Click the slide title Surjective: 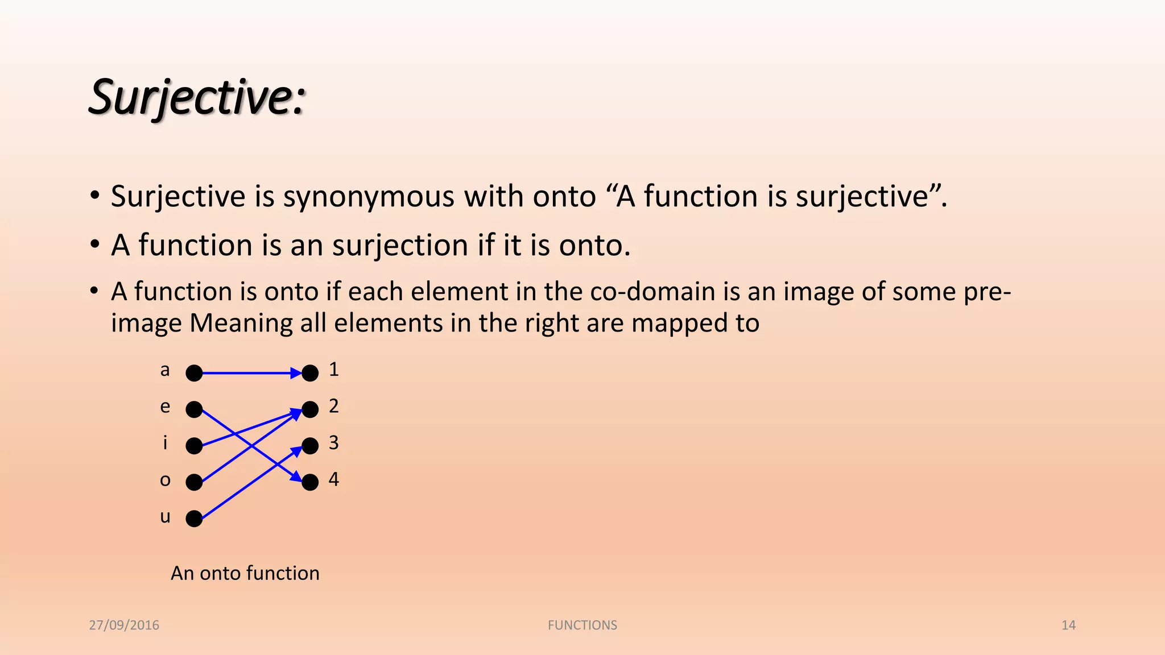(x=197, y=98)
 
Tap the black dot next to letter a (x=194, y=374)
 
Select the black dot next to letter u (x=194, y=519)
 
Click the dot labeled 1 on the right (x=310, y=374)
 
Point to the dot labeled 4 (x=310, y=482)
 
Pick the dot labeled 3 (x=310, y=446)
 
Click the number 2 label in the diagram (x=334, y=406)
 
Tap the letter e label (x=165, y=407)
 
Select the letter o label (x=165, y=480)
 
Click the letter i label (x=165, y=442)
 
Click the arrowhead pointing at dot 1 (x=296, y=374)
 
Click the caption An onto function (x=245, y=573)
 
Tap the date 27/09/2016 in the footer (x=124, y=625)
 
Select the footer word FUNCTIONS (x=582, y=625)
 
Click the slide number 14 (x=1068, y=625)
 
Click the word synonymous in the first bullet (x=369, y=197)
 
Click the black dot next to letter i (x=194, y=446)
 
